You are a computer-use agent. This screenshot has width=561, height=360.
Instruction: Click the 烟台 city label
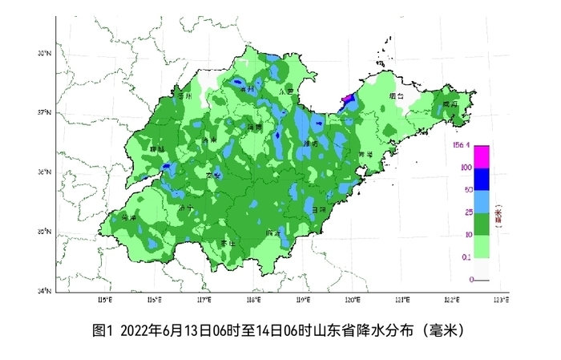[394, 95]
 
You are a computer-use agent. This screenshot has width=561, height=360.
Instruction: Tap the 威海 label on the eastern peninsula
[448, 104]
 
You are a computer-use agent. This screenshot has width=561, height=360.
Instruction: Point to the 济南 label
[210, 140]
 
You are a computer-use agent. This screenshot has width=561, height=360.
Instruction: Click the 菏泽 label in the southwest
[128, 217]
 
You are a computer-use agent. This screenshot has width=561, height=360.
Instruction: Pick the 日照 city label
[319, 208]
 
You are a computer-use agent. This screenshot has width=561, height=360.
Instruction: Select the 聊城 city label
[157, 149]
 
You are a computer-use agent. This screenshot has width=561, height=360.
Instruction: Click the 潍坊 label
[310, 144]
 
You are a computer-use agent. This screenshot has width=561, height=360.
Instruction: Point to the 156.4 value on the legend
[460, 145]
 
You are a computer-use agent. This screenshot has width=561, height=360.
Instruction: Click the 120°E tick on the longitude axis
[352, 299]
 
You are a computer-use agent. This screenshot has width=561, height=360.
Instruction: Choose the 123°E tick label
[500, 299]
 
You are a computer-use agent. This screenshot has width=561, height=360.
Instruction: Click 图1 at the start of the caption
[105, 329]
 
